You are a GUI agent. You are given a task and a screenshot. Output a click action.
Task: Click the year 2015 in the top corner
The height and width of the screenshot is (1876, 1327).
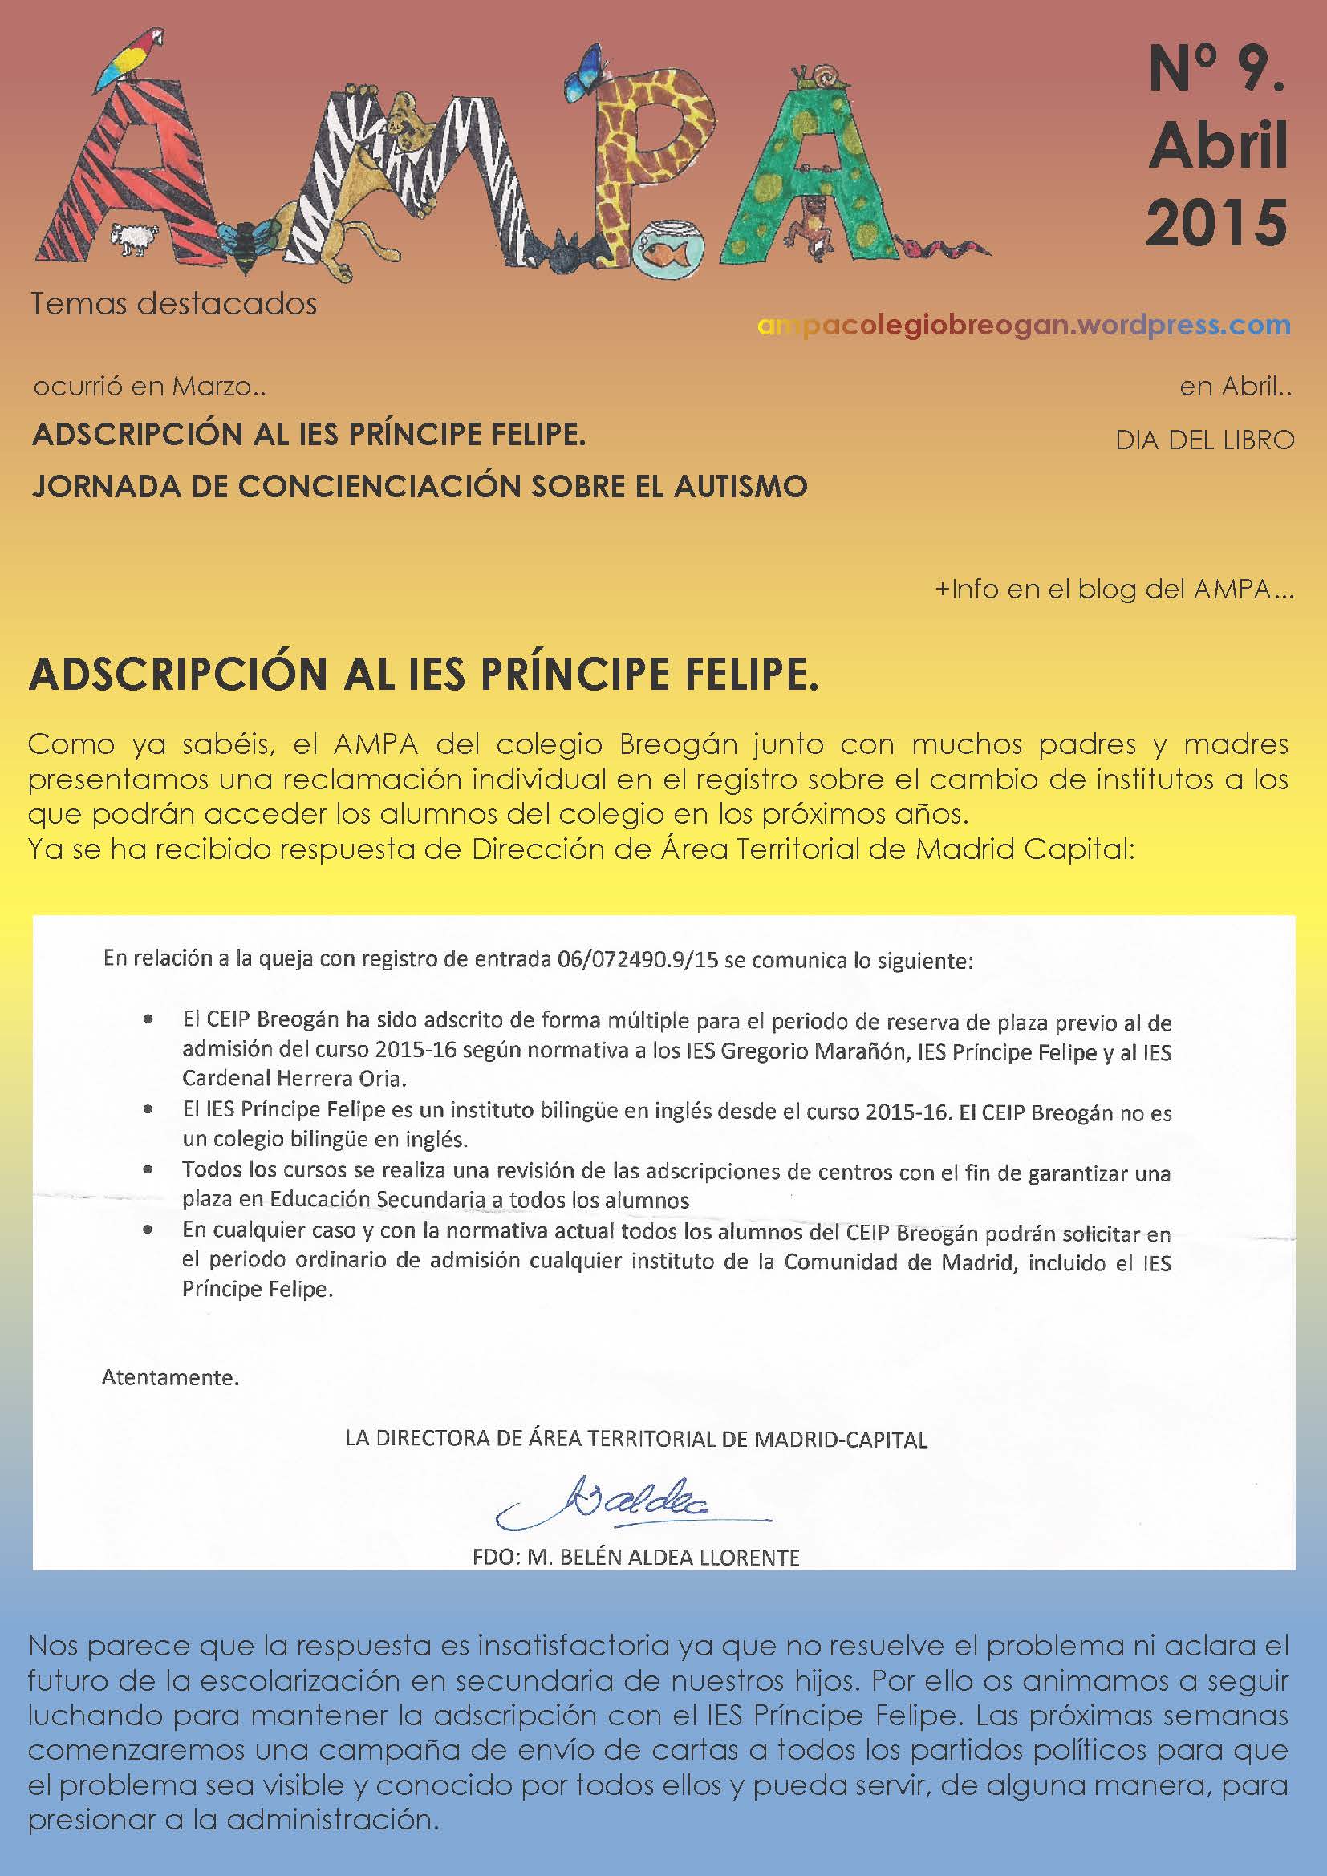(x=1215, y=223)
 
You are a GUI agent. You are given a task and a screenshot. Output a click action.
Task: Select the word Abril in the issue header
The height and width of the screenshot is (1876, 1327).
(x=1218, y=146)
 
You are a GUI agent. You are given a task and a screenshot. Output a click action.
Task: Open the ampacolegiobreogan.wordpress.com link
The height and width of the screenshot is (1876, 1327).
(x=1024, y=325)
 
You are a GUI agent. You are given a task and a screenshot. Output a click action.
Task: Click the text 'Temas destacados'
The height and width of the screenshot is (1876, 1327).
(x=174, y=305)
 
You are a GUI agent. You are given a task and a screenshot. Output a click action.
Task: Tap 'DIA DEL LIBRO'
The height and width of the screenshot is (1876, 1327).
(x=1204, y=440)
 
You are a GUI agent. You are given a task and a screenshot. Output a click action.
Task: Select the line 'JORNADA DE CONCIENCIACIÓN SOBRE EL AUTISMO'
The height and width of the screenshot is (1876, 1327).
(x=420, y=487)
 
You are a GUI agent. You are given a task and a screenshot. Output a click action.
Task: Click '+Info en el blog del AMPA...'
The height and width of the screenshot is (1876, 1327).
(x=1114, y=590)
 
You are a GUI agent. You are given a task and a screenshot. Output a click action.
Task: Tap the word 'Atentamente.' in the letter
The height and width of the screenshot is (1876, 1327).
(x=170, y=1378)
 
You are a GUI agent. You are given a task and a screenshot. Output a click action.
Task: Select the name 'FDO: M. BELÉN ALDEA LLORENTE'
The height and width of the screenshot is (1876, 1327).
(x=635, y=1557)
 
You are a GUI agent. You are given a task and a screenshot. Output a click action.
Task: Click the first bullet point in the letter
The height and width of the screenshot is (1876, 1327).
(x=147, y=1021)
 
